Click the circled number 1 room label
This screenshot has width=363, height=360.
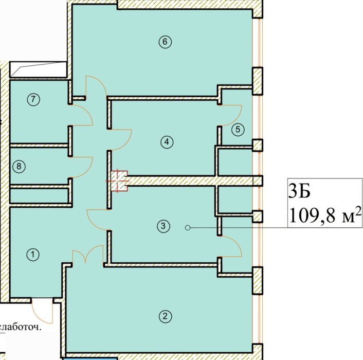pos(33,255)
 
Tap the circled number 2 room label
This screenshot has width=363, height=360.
pos(165,316)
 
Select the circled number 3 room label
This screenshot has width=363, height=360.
pos(163,226)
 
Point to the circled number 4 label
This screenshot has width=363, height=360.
pos(167,141)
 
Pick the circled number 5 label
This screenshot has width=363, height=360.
pos(238,130)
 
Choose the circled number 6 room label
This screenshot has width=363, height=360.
pos(165,42)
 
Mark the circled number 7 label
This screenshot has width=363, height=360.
pos(33,100)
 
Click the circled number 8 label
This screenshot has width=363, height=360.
pos(19,166)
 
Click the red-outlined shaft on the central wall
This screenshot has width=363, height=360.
pos(119,181)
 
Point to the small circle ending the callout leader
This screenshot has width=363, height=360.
pos(188,228)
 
